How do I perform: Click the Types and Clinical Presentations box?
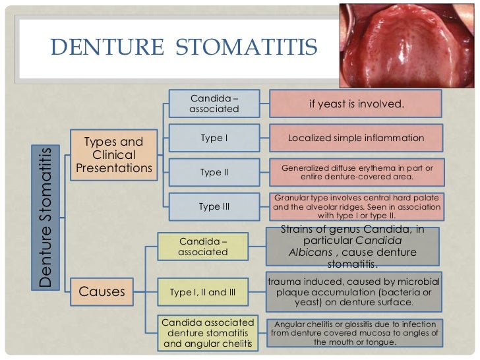pos(114,155)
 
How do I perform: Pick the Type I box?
pos(214,138)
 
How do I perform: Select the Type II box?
pos(214,172)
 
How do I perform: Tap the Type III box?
pos(214,206)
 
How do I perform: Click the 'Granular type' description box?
pos(357,206)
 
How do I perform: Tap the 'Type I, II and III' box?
pos(202,291)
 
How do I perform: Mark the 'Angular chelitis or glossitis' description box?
pos(356,334)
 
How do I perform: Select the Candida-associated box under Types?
pos(214,104)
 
